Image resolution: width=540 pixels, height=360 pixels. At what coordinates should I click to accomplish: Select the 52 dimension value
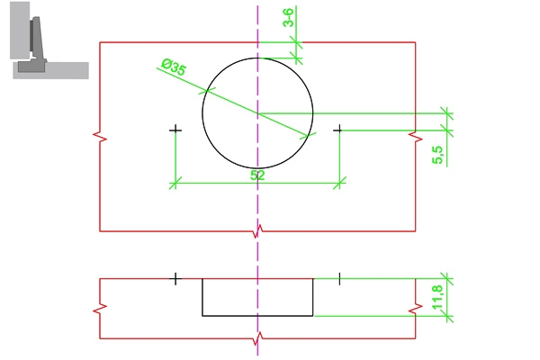pyautogui.click(x=257, y=175)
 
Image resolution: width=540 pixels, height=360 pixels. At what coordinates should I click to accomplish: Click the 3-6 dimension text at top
pyautogui.click(x=287, y=18)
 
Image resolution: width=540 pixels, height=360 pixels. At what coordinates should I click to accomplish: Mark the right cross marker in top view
pyautogui.click(x=338, y=130)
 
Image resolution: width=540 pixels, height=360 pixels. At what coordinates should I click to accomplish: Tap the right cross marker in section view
pyautogui.click(x=338, y=279)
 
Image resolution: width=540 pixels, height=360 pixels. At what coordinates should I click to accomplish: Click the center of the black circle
pyautogui.click(x=257, y=112)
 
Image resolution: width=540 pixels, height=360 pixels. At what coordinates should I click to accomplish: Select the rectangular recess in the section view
pyautogui.click(x=257, y=298)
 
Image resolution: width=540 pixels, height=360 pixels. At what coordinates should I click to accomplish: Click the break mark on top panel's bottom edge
pyautogui.click(x=258, y=232)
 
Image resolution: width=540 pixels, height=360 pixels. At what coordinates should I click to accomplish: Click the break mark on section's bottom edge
pyautogui.click(x=258, y=339)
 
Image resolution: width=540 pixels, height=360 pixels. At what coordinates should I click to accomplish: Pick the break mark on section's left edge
pyautogui.click(x=99, y=309)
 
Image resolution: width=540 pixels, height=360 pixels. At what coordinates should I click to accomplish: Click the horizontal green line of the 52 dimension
pyautogui.click(x=216, y=183)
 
